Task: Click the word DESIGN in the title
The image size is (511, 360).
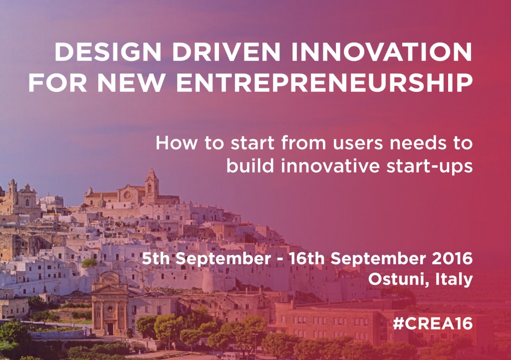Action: pyautogui.click(x=108, y=52)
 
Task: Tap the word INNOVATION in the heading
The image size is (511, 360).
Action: pyautogui.click(x=382, y=52)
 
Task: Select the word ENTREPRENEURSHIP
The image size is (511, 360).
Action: pyautogui.click(x=324, y=82)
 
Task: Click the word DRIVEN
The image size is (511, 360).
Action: pyautogui.click(x=226, y=52)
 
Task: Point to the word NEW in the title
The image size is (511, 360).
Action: pyautogui.click(x=131, y=82)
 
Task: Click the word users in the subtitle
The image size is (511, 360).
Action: pyautogui.click(x=357, y=144)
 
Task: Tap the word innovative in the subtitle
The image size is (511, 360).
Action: pyautogui.click(x=330, y=166)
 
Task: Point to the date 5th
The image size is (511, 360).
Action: pyautogui.click(x=156, y=259)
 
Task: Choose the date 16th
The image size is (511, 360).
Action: pyautogui.click(x=307, y=259)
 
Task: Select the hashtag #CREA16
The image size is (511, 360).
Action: pyautogui.click(x=433, y=324)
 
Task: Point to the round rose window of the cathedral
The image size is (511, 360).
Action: pyautogui.click(x=127, y=195)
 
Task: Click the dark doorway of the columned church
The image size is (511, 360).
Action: pyautogui.click(x=110, y=329)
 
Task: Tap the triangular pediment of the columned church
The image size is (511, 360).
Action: pyautogui.click(x=110, y=289)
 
